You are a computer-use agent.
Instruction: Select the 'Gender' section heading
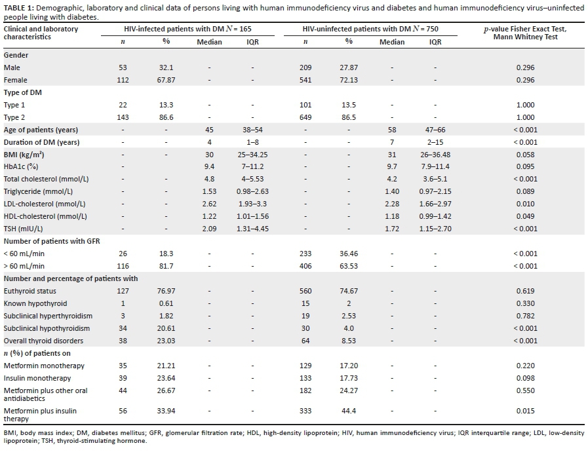[x=16, y=55]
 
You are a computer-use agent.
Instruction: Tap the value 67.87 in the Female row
[x=166, y=80]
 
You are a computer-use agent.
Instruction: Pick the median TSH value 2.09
[x=210, y=229]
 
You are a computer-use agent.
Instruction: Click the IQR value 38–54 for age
[x=252, y=130]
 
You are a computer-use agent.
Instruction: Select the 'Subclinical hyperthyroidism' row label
[x=48, y=316]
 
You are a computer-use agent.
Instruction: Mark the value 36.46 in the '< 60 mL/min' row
[x=349, y=254]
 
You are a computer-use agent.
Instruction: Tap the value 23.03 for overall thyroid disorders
[x=166, y=341]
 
